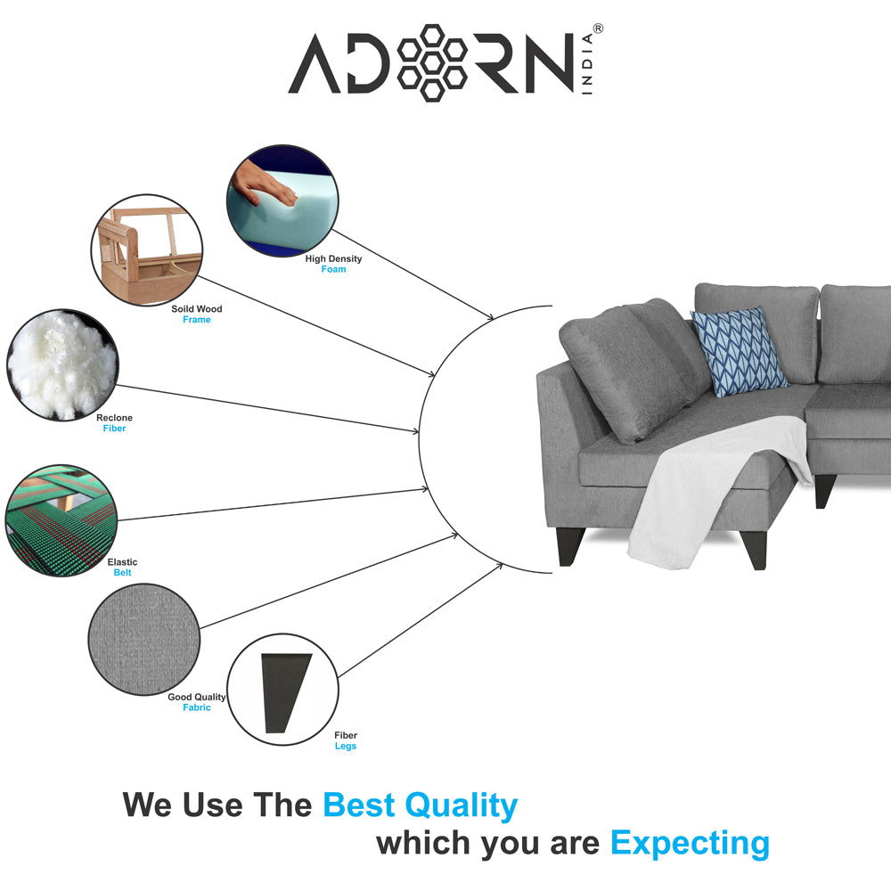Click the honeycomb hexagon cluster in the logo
[432, 62]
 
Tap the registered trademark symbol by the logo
[598, 29]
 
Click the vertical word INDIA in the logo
[587, 63]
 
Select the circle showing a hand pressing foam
[282, 200]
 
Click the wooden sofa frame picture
[147, 250]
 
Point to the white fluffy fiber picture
[62, 364]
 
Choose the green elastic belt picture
[61, 520]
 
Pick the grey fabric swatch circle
[144, 639]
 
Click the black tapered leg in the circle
[285, 692]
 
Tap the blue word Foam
[333, 269]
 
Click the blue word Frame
[197, 320]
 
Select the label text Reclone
[114, 418]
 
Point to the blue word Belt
[122, 573]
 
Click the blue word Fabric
[197, 707]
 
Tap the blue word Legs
[346, 746]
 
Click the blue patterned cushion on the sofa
[739, 351]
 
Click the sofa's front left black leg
[570, 546]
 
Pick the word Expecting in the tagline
[690, 844]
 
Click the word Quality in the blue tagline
[461, 805]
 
